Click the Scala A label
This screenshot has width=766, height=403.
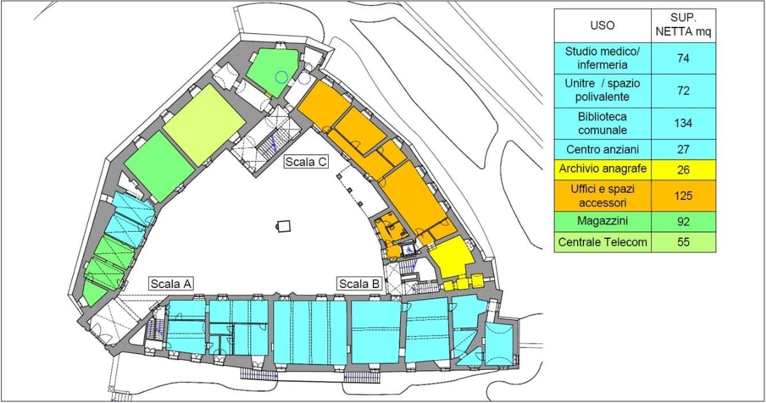[171, 284]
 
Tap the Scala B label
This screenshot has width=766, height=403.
[359, 284]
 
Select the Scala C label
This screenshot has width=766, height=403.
[306, 162]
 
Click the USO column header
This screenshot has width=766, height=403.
[603, 26]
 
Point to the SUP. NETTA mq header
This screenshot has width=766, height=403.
[684, 26]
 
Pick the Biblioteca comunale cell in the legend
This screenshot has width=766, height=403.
[603, 123]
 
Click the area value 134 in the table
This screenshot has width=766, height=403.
[684, 123]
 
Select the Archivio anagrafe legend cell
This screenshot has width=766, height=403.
[603, 170]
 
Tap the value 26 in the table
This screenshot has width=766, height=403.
[684, 170]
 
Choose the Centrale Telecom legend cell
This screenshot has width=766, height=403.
[603, 242]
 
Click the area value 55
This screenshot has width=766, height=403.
[684, 242]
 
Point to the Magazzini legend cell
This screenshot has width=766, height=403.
[603, 222]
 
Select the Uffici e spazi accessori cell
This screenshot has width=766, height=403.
[603, 196]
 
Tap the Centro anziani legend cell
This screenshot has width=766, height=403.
[603, 149]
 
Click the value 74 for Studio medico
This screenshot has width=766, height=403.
[684, 59]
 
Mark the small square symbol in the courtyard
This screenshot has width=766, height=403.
[284, 226]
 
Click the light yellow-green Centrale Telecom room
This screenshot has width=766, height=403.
[204, 125]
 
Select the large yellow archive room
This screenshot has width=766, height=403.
[451, 257]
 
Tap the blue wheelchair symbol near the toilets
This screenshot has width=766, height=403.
[409, 250]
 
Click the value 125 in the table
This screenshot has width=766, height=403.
[684, 196]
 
